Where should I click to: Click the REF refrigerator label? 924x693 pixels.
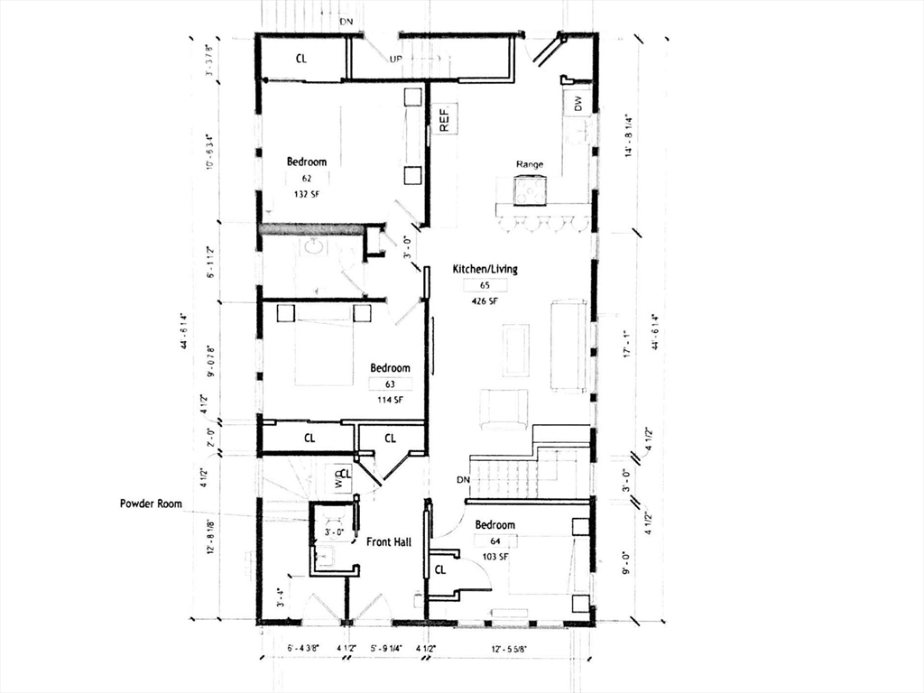pos(444,118)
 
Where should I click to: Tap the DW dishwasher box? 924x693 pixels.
pos(578,104)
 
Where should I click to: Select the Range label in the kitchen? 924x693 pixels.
pos(529,164)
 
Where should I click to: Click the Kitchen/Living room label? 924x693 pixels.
pos(485,269)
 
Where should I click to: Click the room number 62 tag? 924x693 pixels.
pos(306,179)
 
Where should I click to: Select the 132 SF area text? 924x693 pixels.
pos(306,194)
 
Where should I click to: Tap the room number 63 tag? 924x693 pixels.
pos(390,383)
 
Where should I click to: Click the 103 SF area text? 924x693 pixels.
pos(495,557)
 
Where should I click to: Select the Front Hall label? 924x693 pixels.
pos(389,541)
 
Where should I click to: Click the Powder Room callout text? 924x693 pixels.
pos(151,504)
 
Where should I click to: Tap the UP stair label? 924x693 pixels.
pos(395,59)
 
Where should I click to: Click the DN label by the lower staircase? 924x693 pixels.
pos(463,479)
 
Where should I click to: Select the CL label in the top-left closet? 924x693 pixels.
pos(302,59)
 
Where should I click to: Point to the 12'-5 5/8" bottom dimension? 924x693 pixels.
pos(510,648)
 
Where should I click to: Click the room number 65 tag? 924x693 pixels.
pos(485,285)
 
